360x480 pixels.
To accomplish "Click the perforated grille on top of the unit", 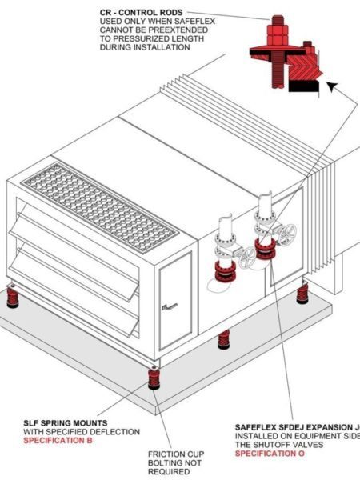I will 100,204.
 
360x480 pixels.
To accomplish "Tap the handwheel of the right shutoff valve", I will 288,234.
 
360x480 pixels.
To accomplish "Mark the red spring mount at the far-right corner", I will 302,293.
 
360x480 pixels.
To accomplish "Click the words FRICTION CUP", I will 175,454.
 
